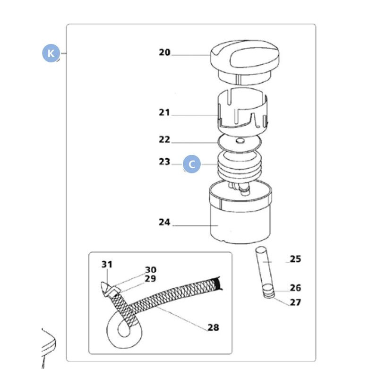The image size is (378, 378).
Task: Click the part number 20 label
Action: coord(164,52)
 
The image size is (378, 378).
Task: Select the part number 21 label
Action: coord(164,112)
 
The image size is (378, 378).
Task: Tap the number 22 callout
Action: coord(164,139)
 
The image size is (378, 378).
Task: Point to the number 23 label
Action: coord(164,162)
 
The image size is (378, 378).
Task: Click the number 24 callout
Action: coord(164,222)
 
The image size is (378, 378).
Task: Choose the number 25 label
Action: coord(295,259)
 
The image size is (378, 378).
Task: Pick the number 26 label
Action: coord(295,288)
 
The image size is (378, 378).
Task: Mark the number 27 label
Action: coord(295,302)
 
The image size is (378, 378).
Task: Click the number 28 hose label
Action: coord(213,327)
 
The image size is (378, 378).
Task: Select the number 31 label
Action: coord(107,264)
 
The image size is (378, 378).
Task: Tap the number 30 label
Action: coord(150,270)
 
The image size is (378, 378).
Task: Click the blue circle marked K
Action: coord(51,53)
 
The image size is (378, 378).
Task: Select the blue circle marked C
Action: coord(192,164)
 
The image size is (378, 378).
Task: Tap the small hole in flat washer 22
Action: coord(240,140)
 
